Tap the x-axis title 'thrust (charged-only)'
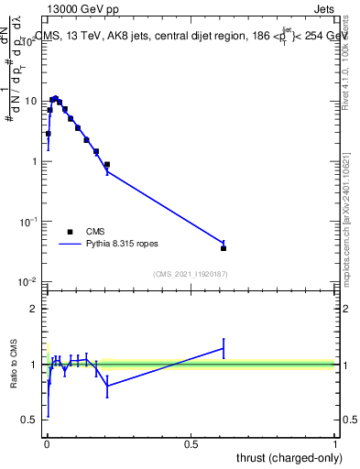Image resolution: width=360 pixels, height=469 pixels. [x=288, y=456]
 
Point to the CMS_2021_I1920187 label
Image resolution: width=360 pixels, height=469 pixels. [x=191, y=274]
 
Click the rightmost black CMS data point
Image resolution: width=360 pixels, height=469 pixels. [x=224, y=248]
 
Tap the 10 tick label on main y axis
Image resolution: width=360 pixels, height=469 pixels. [x=32, y=101]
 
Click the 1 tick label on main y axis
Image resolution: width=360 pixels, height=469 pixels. [x=35, y=161]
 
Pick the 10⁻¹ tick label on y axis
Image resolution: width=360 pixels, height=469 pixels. [x=30, y=222]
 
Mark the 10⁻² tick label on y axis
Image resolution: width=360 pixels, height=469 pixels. [x=30, y=281]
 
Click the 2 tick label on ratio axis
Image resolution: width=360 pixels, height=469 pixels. [x=34, y=309]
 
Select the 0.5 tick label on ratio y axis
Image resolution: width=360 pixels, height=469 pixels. [x=30, y=420]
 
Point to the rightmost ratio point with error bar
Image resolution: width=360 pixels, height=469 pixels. [x=224, y=348]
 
